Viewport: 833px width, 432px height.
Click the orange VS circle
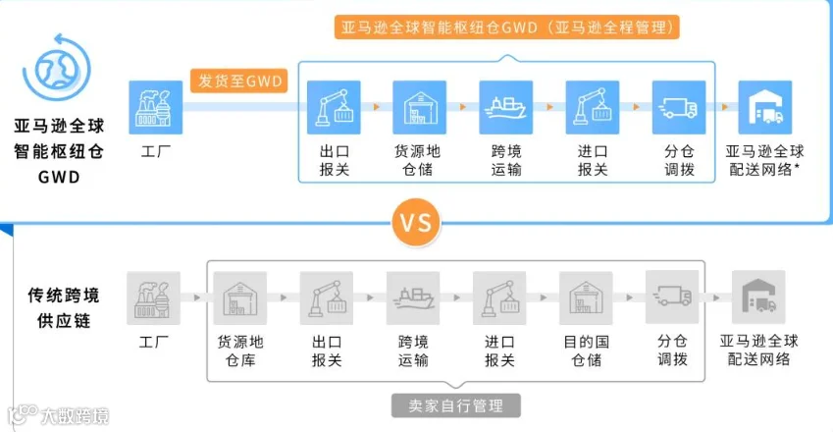[416, 223]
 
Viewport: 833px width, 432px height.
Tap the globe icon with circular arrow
[57, 68]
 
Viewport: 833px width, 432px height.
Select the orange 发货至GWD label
[239, 81]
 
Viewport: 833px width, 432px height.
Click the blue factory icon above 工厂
[156, 107]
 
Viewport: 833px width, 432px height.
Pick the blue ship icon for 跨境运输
[505, 107]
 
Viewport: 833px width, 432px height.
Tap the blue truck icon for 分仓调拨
[679, 107]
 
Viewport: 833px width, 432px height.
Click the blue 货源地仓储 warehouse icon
[419, 107]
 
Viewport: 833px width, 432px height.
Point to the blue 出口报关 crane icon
[334, 107]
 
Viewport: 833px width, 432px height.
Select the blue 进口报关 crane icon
[593, 107]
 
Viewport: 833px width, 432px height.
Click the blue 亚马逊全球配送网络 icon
[765, 107]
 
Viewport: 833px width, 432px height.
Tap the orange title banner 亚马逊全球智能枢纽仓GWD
[507, 27]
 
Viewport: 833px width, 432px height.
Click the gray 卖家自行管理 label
[456, 405]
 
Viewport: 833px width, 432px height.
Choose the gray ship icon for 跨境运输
[413, 298]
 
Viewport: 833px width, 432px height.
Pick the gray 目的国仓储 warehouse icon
[586, 298]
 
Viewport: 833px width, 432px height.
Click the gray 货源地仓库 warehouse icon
[240, 298]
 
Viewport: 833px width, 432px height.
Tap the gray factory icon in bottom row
[153, 298]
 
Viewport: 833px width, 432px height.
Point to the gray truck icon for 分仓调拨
[672, 297]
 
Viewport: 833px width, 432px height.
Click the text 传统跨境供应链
[63, 307]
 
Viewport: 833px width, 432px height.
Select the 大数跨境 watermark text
[75, 415]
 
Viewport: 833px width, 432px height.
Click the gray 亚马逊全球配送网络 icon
[758, 297]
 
